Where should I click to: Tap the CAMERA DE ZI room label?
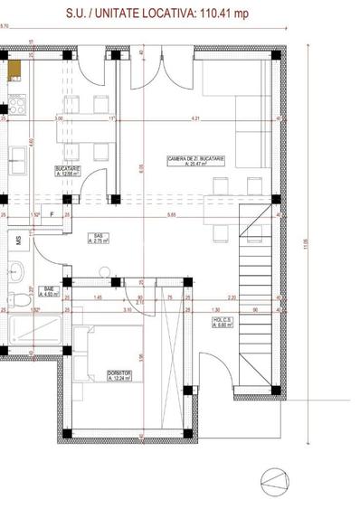[194, 162]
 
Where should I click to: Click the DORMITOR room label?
[119, 375]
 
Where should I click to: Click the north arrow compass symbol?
[275, 478]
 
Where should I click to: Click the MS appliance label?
[18, 240]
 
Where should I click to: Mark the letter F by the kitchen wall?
[52, 214]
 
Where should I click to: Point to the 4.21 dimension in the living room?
[194, 118]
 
